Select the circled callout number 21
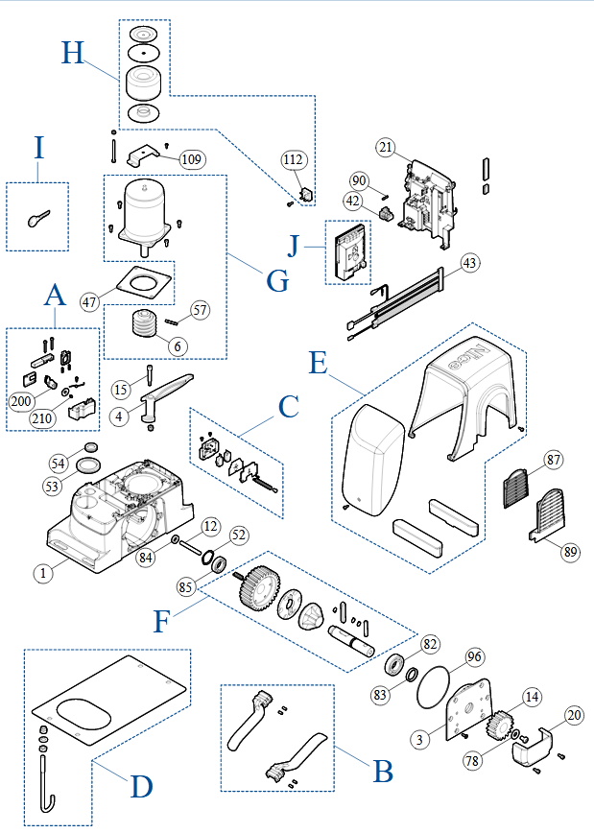[x=386, y=147]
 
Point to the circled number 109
[x=191, y=160]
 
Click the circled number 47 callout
[x=91, y=301]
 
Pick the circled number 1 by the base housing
[x=42, y=574]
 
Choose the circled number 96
[x=474, y=658]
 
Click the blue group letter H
[x=74, y=52]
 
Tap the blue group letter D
[x=141, y=787]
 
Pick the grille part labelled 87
[x=519, y=485]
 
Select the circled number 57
[x=199, y=309]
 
